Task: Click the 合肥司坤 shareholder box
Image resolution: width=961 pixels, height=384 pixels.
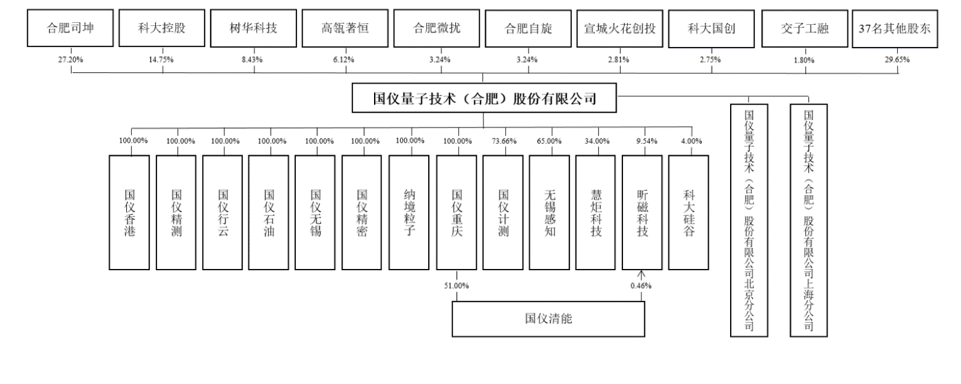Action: pos(70,28)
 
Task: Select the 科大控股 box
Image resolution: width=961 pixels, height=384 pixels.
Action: pos(162,28)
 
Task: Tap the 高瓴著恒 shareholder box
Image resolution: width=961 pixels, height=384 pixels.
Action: pos(345,28)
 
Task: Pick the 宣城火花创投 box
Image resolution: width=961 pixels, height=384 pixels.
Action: pos(619,28)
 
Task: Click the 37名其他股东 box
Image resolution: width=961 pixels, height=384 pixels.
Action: pos(895,28)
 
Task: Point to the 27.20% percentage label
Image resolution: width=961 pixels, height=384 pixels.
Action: pos(71,60)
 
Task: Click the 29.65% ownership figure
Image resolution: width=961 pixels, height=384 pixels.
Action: pos(897,60)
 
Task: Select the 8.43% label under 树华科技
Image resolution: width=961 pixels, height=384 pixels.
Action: pos(253,60)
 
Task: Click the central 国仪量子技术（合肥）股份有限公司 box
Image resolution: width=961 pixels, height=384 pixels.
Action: pos(484,98)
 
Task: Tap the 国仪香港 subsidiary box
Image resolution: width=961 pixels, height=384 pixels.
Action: pos(129,212)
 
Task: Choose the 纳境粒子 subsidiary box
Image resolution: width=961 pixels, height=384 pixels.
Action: pos(410,212)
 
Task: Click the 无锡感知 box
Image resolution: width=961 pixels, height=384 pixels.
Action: pos(550,212)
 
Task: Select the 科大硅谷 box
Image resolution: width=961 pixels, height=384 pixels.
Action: pos(689,212)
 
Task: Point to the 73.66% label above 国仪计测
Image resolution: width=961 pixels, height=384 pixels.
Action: pos(504,141)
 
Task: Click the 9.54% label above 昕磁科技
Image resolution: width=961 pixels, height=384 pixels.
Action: pos(646,141)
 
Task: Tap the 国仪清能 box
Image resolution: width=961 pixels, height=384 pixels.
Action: pos(548,318)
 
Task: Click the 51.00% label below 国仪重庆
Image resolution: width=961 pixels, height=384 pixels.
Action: pos(456,285)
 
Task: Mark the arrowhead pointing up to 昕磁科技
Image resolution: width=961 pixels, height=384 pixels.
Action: pos(641,274)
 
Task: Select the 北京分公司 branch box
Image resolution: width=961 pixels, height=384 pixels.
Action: pos(749,220)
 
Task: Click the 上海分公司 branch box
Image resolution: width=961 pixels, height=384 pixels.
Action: pos(808,220)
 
